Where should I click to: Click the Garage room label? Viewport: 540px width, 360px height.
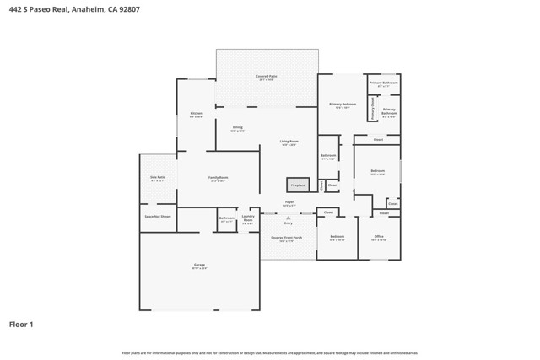click(199, 265)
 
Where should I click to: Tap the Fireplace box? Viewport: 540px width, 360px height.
click(296, 185)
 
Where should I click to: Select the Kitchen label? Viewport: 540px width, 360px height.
click(196, 113)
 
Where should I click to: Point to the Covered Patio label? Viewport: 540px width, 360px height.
click(267, 76)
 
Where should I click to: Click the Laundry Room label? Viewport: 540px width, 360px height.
click(248, 217)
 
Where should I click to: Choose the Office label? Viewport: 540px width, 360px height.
click(379, 236)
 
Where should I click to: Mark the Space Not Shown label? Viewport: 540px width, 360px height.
click(158, 216)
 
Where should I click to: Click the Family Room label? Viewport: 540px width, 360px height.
click(219, 177)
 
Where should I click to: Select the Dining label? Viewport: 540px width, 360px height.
click(238, 127)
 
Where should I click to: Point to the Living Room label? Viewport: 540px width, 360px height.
click(289, 142)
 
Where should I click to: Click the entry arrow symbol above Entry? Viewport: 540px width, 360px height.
click(288, 217)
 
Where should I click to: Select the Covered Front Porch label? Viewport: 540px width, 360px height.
click(288, 238)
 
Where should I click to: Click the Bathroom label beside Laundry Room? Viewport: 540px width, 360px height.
click(226, 218)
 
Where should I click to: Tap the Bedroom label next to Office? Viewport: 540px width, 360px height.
click(337, 236)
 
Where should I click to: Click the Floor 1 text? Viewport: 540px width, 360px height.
click(21, 323)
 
